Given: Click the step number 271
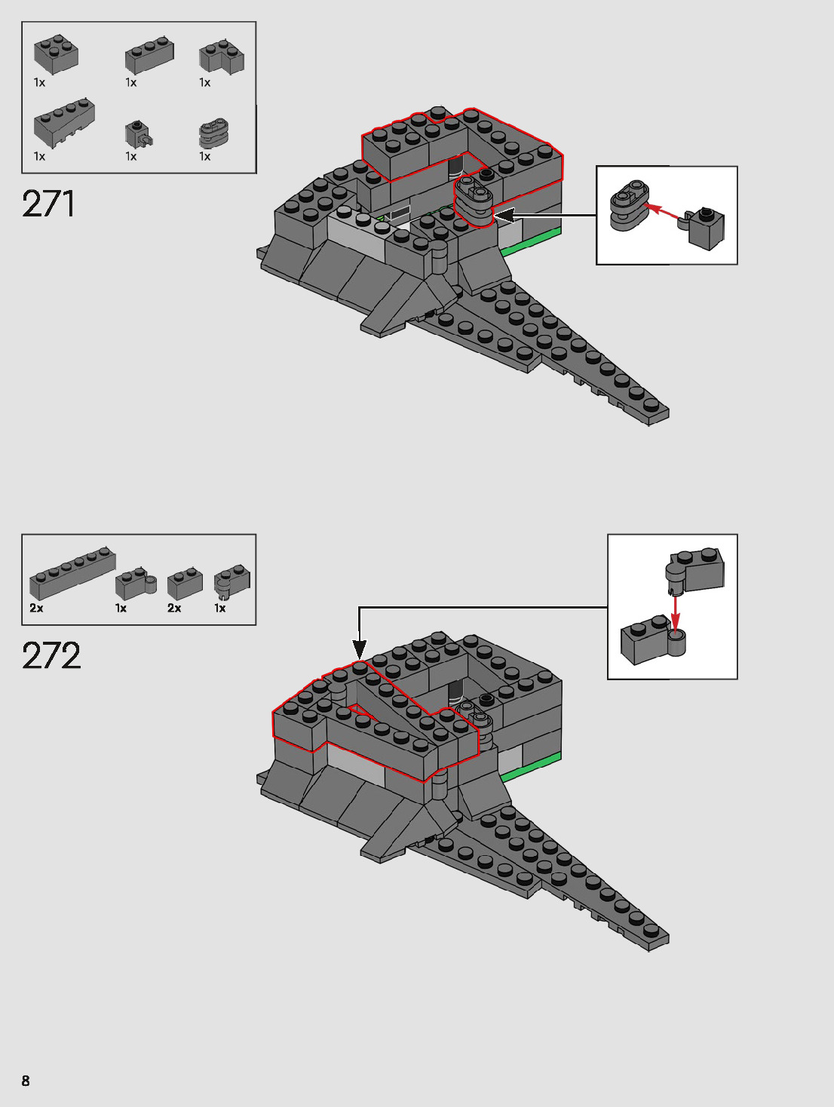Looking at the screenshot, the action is point(49,204).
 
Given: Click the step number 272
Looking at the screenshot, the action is point(51,656).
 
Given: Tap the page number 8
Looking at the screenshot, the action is point(26,1081).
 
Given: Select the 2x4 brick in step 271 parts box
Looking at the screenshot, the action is point(57,54).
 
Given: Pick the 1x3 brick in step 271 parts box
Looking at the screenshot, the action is point(149,56).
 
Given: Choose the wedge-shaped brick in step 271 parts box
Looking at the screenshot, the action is point(64,122).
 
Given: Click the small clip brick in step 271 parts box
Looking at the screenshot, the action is point(138,133).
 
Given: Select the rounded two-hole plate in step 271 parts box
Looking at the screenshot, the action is point(213,133).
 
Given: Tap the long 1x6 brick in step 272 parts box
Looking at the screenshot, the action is point(72,574).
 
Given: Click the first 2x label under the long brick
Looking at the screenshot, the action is point(36,608).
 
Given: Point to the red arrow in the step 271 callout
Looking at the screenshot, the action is point(664,210).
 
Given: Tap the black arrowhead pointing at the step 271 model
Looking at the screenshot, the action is point(504,216).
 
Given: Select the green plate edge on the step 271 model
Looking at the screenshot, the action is point(532,241).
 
